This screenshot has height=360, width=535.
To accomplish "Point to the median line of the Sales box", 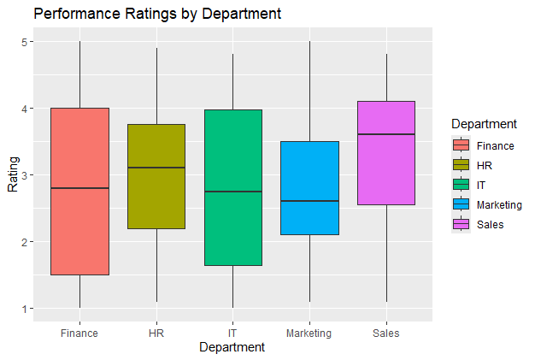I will click(x=385, y=134).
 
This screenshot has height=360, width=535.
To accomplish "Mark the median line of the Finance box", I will click(x=79, y=188).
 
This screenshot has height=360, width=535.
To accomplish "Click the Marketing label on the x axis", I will click(x=309, y=333).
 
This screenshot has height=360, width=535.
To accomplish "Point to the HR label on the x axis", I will click(x=156, y=333).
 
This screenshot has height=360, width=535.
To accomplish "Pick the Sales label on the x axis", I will click(x=385, y=333).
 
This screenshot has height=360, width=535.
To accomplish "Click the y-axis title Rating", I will click(x=12, y=175).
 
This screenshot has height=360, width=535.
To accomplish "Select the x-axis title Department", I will click(x=232, y=348).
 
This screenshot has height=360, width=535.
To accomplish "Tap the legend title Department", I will click(x=484, y=125).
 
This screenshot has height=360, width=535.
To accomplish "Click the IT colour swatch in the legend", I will click(x=462, y=185).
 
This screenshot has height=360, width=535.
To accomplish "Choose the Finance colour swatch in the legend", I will click(x=462, y=145).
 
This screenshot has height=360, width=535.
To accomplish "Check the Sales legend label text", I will click(x=491, y=225).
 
